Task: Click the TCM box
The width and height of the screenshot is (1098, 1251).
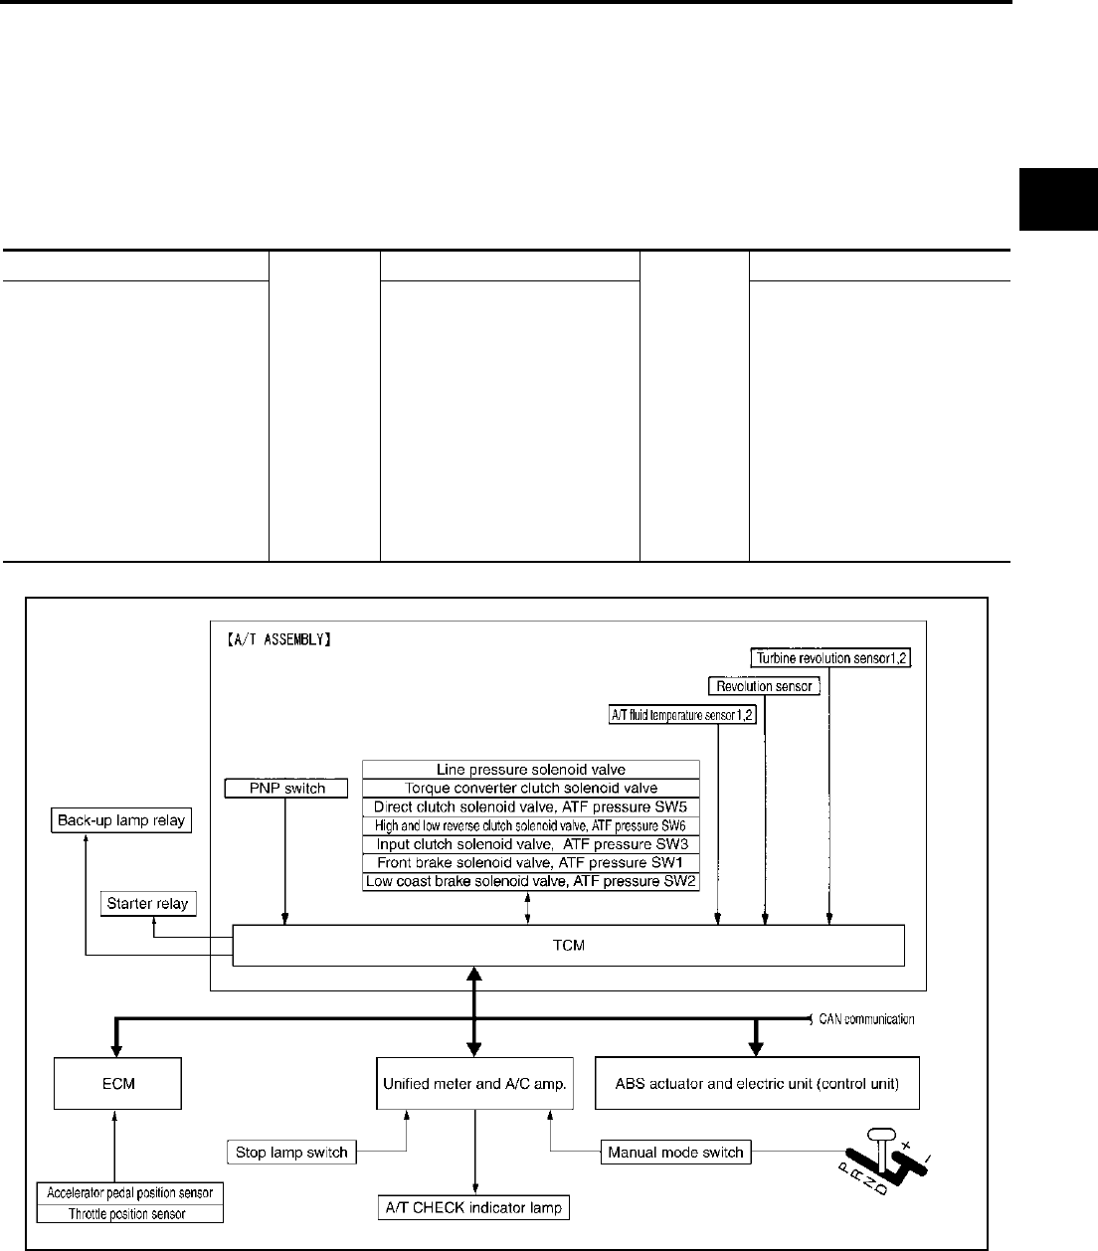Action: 568,945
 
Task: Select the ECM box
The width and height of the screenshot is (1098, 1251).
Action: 117,1083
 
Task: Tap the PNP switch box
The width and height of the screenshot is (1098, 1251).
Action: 285,789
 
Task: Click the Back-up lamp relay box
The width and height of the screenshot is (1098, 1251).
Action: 120,821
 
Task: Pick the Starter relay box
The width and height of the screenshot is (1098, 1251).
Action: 149,904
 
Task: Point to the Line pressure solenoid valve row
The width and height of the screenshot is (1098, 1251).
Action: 531,769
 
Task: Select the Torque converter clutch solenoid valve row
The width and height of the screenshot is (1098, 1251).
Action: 531,788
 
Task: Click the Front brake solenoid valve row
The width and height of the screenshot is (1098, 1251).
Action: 531,861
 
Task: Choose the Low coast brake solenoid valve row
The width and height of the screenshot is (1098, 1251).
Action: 531,881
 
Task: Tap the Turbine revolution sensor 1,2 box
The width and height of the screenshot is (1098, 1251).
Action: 831,657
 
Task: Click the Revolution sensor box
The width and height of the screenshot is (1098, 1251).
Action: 764,685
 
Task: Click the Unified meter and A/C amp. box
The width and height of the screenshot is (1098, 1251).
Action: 475,1083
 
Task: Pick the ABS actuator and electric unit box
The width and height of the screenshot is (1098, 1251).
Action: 757,1083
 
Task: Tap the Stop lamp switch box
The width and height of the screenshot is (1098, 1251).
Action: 291,1153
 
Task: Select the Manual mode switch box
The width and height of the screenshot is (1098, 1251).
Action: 674,1153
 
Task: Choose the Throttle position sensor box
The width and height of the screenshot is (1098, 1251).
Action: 128,1213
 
